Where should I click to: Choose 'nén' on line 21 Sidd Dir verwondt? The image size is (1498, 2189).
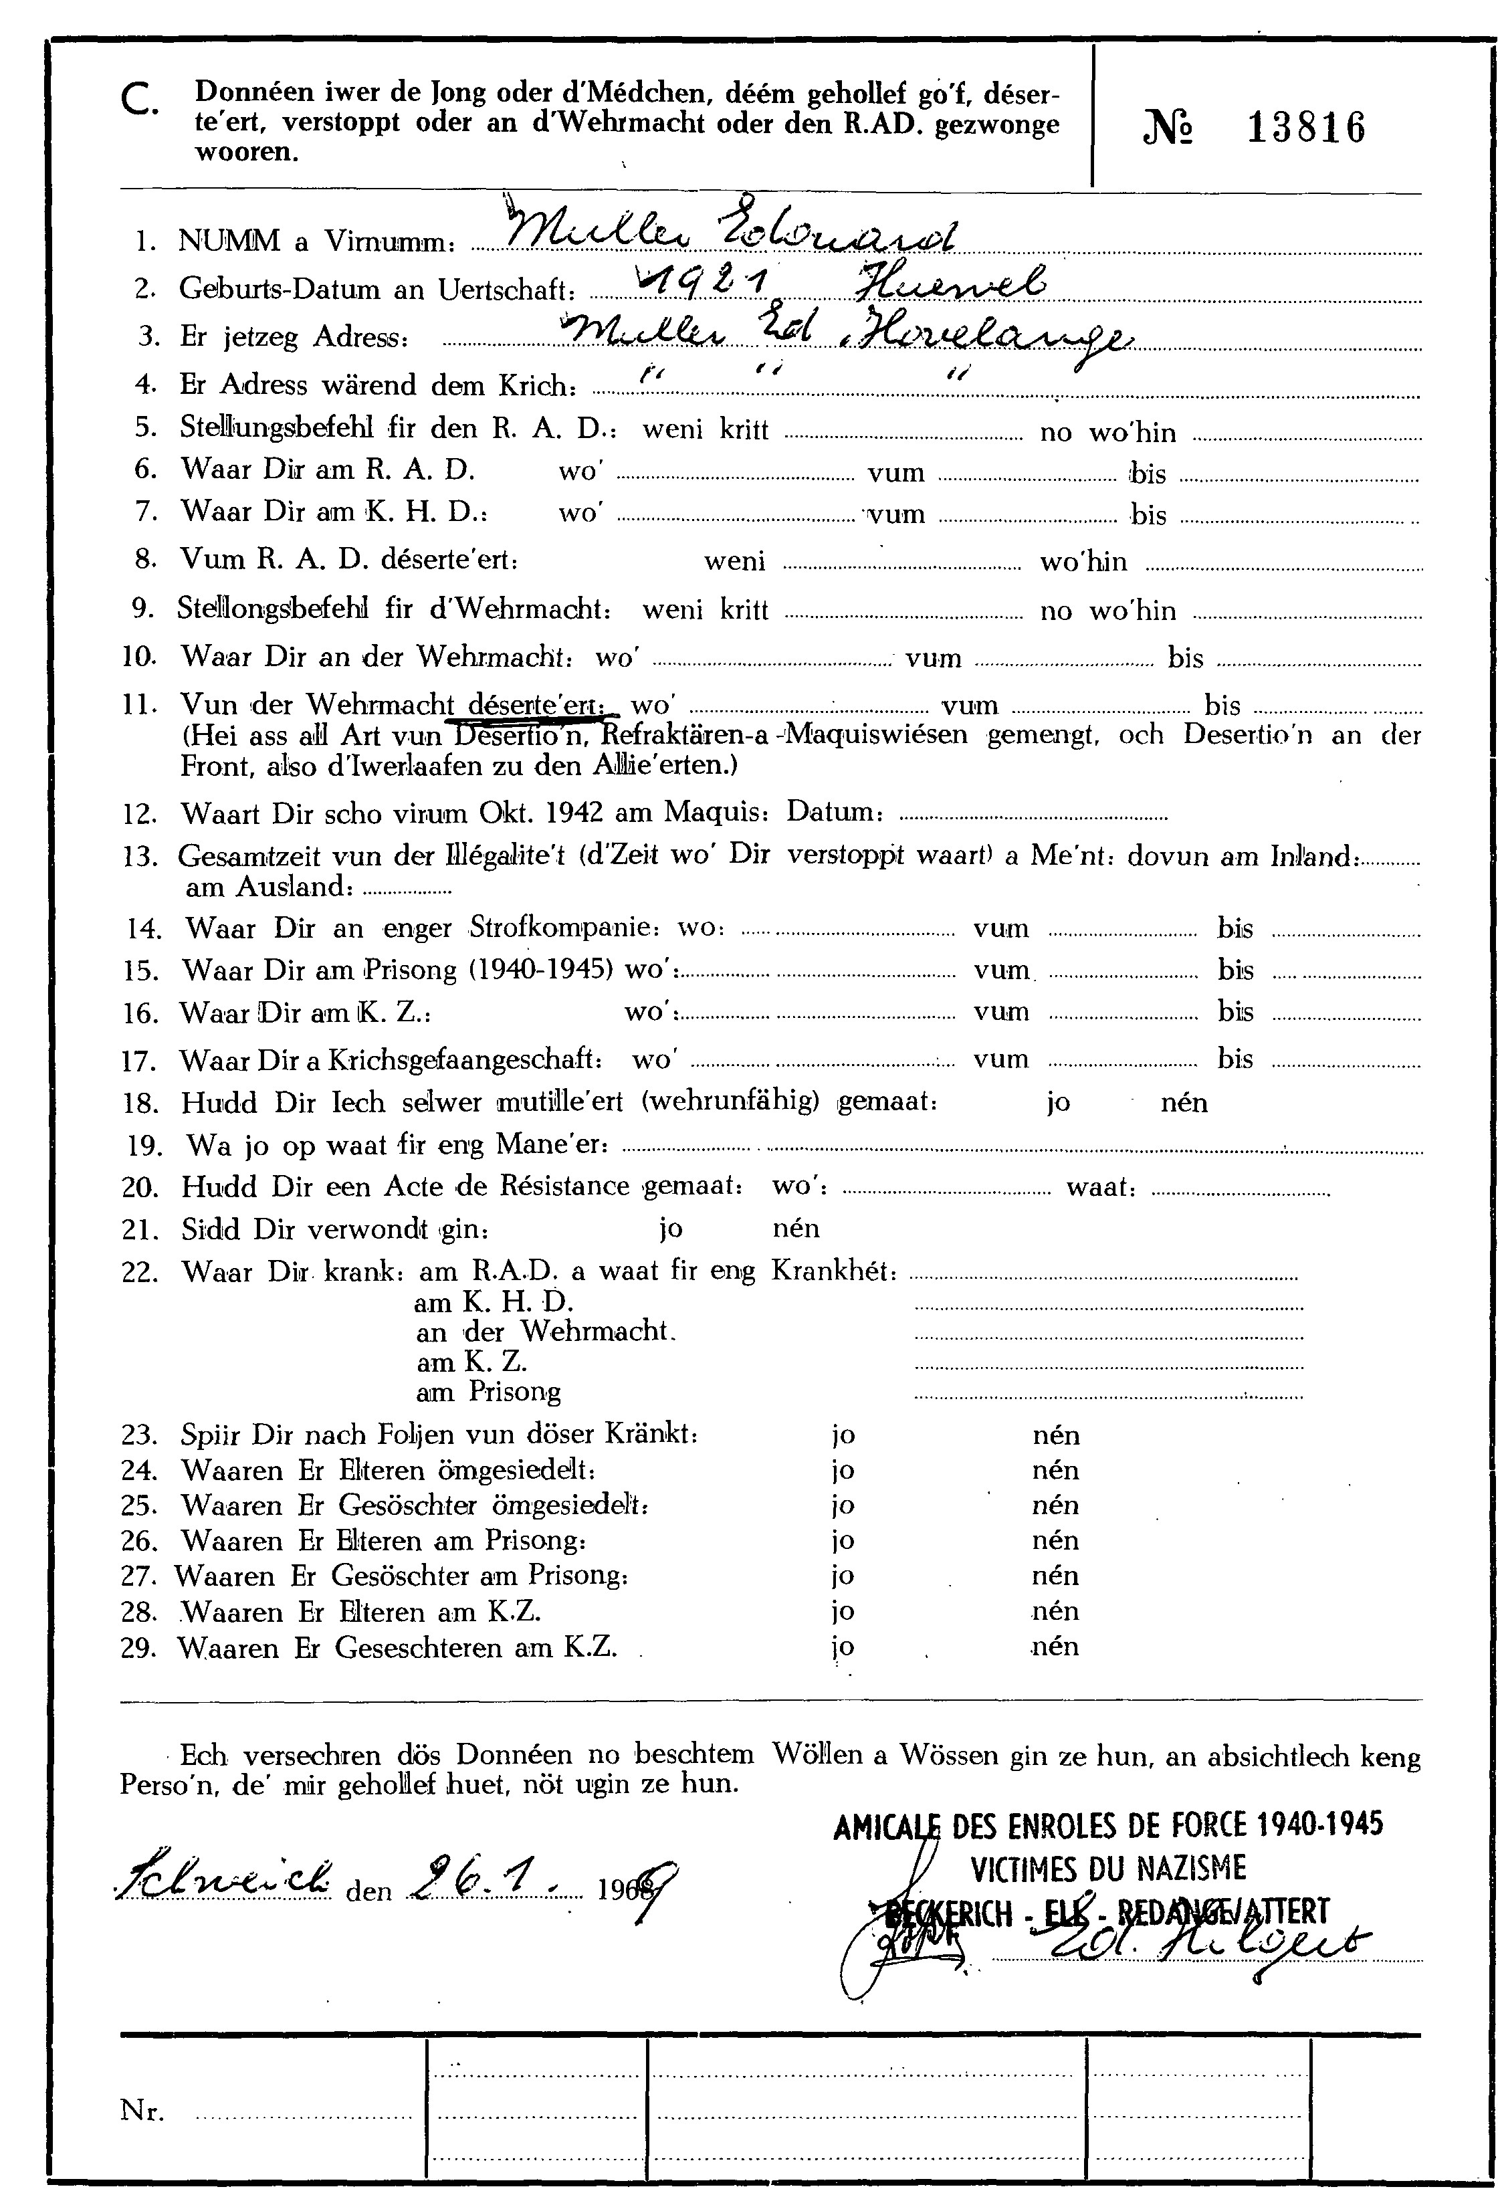796,1228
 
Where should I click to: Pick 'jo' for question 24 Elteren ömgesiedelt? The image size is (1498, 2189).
843,1470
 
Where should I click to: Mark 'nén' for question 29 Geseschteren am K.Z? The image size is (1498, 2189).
1055,1647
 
